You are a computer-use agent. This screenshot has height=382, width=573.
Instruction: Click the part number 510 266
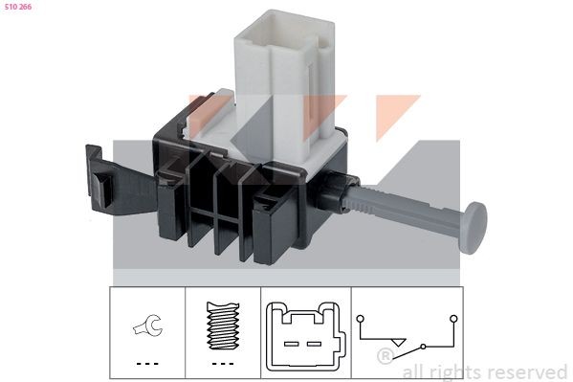click(17, 7)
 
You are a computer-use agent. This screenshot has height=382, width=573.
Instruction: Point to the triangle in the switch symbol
click(397, 343)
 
